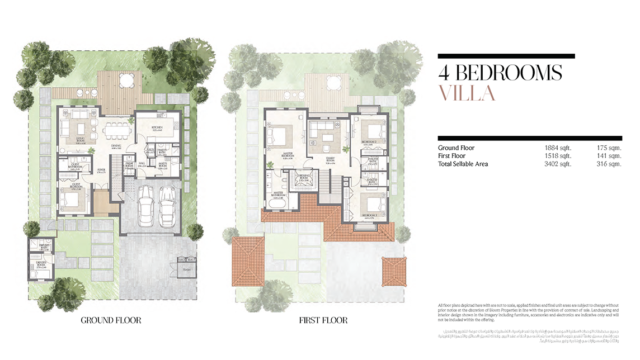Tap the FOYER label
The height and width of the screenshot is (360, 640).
tap(101, 170)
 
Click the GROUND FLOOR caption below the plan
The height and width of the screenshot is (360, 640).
tap(111, 320)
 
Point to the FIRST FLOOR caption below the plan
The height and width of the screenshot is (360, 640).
tap(323, 320)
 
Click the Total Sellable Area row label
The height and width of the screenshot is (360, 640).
tap(463, 164)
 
